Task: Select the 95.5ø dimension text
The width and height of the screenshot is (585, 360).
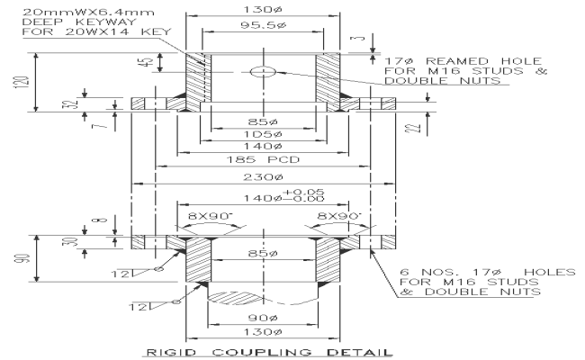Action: coord(263,27)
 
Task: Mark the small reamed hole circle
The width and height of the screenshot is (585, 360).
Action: coord(263,71)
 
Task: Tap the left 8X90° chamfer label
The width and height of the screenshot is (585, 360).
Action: coord(209,216)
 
